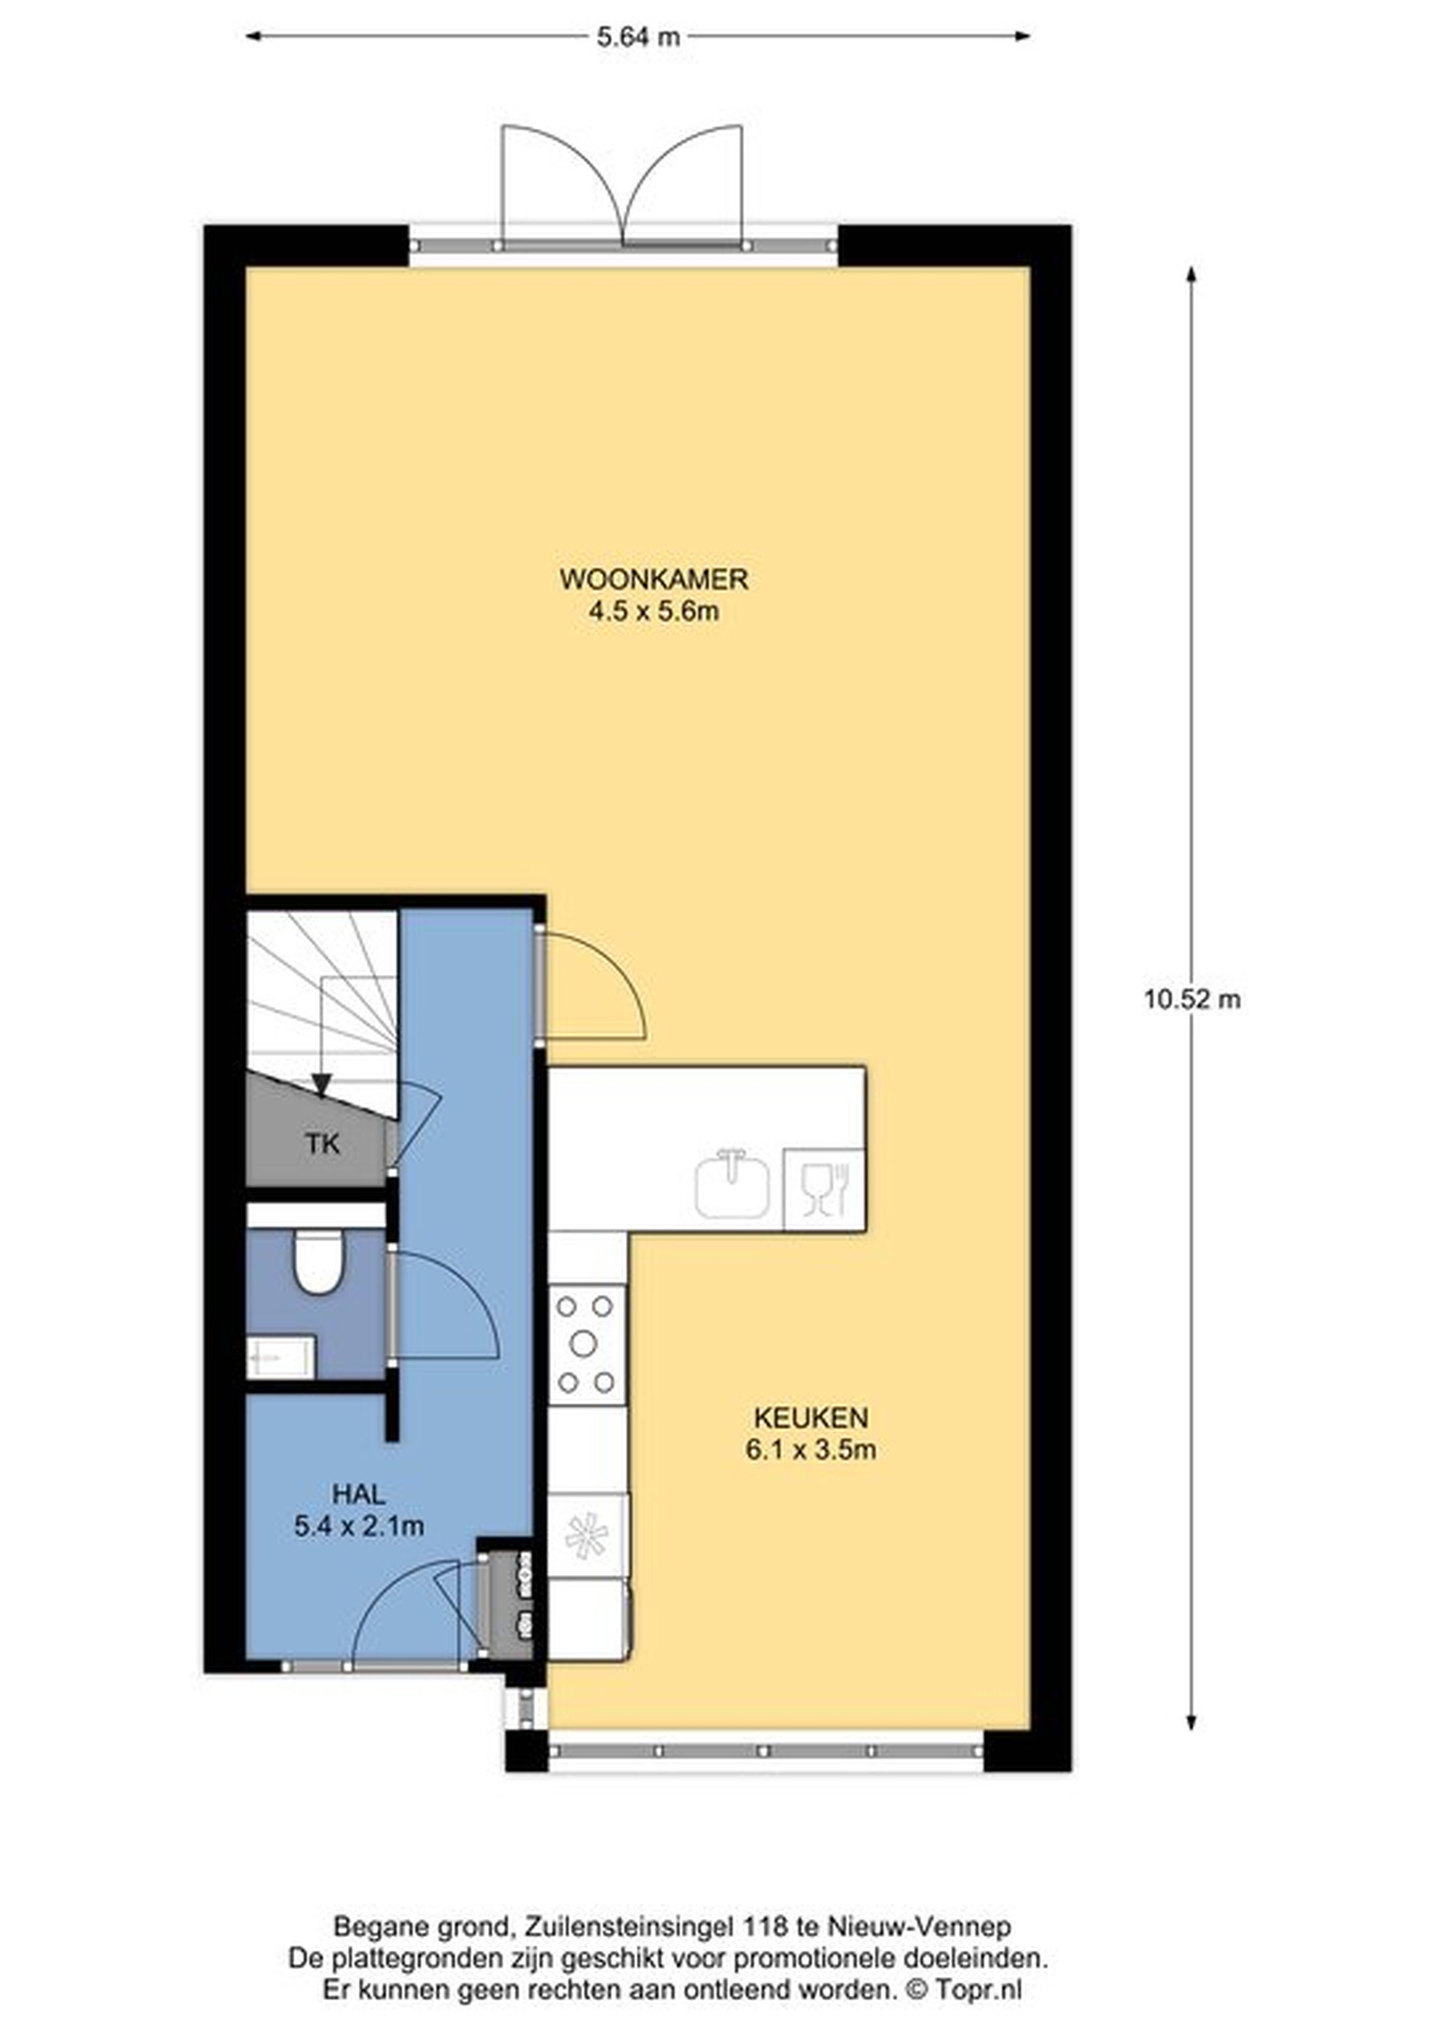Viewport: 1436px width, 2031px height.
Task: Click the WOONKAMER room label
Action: tap(654, 579)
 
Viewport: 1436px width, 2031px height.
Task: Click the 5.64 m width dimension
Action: tap(638, 36)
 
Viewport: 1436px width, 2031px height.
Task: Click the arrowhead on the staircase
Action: tap(321, 1084)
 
